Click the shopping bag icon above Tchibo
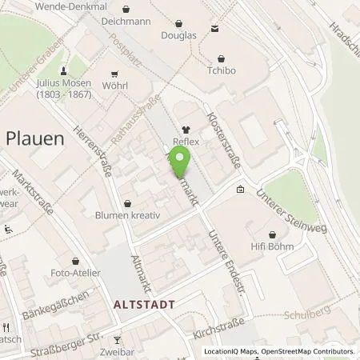(x=222, y=56)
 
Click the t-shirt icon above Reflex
(x=186, y=130)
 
